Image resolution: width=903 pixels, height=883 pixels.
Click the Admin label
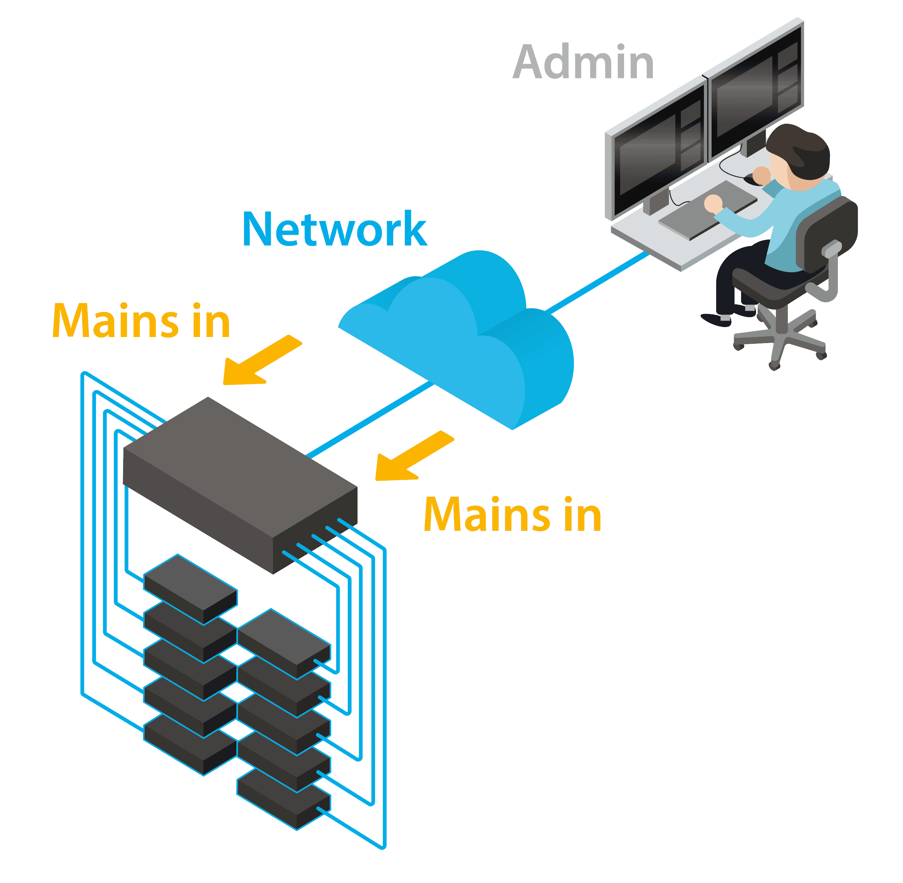[583, 63]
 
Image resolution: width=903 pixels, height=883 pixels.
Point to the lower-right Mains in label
[512, 514]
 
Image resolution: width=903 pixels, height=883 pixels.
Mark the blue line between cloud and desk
[598, 283]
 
